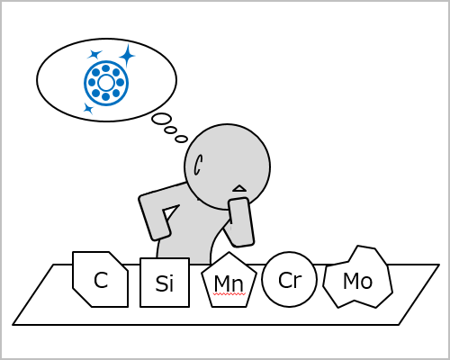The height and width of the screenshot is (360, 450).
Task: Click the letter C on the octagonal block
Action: coord(101,280)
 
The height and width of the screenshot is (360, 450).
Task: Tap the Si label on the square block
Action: coord(165,283)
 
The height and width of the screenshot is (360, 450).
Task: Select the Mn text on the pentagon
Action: coord(229,283)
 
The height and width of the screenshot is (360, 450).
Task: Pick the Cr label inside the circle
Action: coord(290,280)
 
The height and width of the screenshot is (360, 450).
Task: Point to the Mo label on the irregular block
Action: coord(357,281)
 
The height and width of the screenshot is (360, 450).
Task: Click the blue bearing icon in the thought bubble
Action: coord(106,83)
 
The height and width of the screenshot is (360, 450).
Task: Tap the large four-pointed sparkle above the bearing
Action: coord(127,56)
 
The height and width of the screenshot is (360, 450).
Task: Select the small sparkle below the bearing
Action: coord(88,108)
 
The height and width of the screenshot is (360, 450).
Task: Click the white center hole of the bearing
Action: coord(106,83)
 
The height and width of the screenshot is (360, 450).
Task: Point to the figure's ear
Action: coord(198,165)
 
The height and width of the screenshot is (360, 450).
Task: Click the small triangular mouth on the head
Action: coord(239,188)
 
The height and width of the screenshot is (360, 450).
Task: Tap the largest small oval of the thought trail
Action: coord(162,119)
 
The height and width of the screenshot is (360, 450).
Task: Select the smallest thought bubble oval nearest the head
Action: coord(181,139)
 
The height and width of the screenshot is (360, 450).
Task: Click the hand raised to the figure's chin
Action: coord(240,222)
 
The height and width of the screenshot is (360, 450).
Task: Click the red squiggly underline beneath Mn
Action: coord(229,294)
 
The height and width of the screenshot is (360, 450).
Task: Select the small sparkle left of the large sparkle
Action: coord(95,54)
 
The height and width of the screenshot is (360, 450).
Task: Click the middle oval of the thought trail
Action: coord(170,130)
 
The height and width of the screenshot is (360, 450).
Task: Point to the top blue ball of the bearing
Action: coord(105,68)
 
